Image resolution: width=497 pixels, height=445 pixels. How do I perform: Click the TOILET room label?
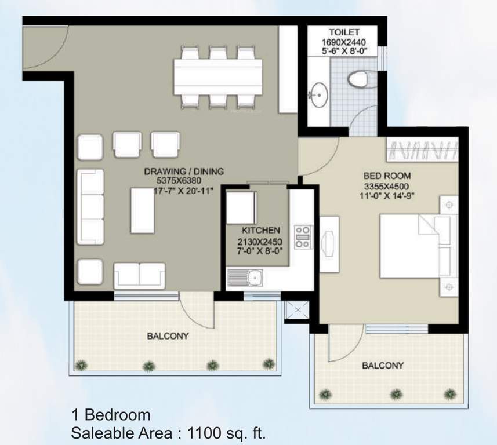(x=344, y=32)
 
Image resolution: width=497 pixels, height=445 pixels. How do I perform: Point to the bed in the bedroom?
(x=418, y=246)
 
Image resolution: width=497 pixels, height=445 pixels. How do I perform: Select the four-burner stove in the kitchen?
(x=302, y=237)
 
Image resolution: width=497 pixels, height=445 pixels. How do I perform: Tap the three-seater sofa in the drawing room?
(x=90, y=207)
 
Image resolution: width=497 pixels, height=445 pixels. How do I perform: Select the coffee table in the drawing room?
(x=142, y=210)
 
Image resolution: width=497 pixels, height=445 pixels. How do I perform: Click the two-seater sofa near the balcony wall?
(x=139, y=275)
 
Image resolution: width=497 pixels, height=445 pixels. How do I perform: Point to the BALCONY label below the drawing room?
(x=168, y=335)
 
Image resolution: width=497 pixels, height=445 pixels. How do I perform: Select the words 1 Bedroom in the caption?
(x=111, y=415)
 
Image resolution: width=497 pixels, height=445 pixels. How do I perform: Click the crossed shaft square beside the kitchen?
(x=295, y=312)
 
